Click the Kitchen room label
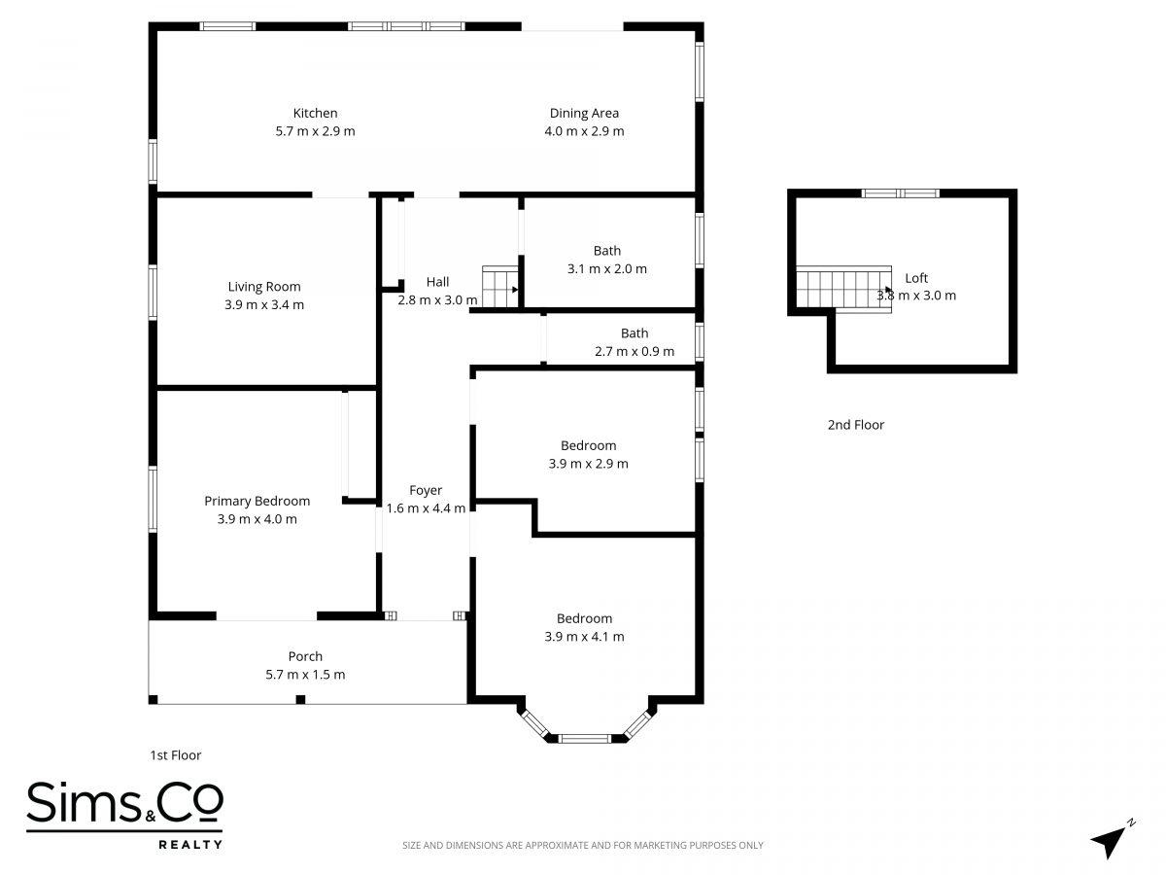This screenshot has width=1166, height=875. [315, 113]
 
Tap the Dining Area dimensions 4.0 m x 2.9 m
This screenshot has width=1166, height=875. [584, 131]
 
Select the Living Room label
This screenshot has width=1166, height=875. [264, 287]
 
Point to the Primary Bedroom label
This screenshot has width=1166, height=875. [257, 501]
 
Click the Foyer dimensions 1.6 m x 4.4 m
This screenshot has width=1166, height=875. [426, 508]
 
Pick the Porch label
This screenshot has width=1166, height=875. [305, 656]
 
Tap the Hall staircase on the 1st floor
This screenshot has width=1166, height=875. [499, 287]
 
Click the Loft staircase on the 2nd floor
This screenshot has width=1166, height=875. [843, 289]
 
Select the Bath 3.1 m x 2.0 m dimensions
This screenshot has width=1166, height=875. [606, 269]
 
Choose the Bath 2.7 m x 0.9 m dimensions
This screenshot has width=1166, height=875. [634, 351]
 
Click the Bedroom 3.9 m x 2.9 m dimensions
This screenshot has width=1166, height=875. [588, 464]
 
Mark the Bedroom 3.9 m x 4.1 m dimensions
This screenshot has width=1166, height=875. [584, 637]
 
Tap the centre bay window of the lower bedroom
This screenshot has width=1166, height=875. [584, 739]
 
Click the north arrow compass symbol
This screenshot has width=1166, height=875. [1111, 839]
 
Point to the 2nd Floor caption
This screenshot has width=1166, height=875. [856, 425]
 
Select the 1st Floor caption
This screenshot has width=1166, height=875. [175, 755]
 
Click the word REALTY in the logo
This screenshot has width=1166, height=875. [190, 844]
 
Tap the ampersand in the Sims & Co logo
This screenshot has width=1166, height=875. [151, 817]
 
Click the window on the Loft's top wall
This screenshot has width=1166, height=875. [901, 193]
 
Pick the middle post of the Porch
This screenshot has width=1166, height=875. [300, 700]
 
